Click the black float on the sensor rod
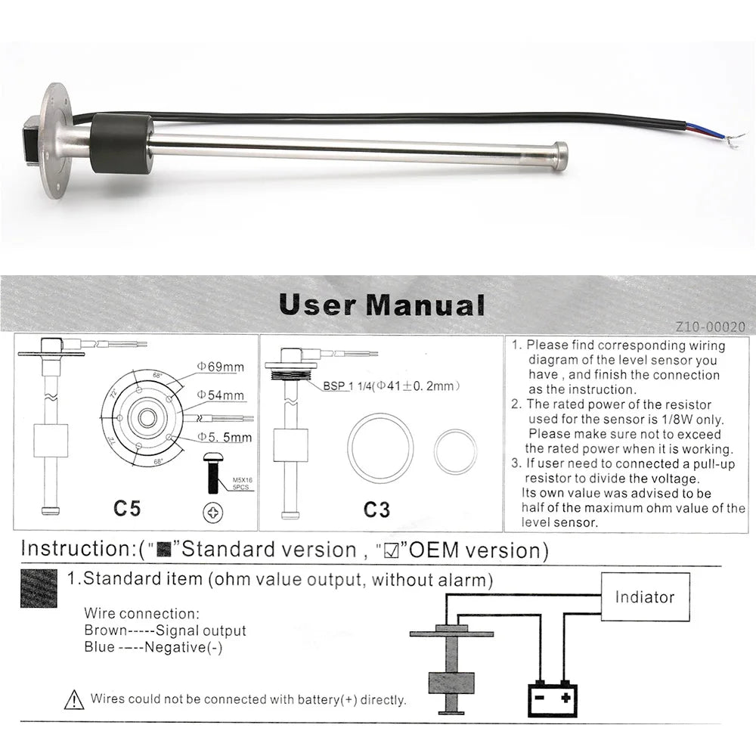(x=121, y=144)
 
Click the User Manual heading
(x=382, y=305)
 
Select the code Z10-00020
(x=711, y=327)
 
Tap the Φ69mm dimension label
(x=221, y=367)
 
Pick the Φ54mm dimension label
(x=221, y=395)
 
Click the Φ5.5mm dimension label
(x=225, y=437)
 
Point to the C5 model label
(x=127, y=508)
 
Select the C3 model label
(x=376, y=510)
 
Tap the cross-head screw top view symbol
(x=213, y=513)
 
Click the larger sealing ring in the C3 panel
(x=380, y=446)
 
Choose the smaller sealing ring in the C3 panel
(x=455, y=451)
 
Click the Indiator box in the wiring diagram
(x=644, y=597)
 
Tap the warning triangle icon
(x=74, y=699)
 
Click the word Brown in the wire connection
(x=101, y=630)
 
